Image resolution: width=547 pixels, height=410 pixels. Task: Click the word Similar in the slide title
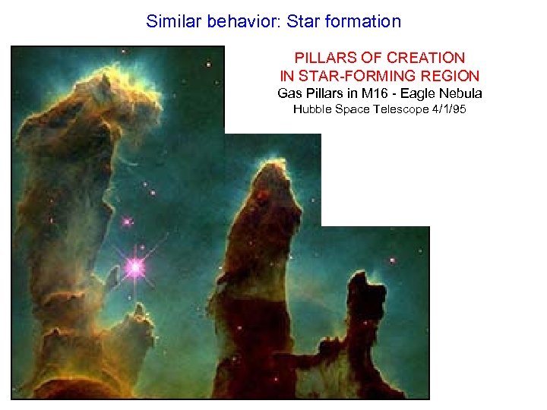point(172,21)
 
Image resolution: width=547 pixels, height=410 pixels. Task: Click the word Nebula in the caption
point(461,93)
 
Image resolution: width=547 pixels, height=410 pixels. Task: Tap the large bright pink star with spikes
point(135,266)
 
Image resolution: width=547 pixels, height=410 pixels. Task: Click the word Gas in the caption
point(289,93)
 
